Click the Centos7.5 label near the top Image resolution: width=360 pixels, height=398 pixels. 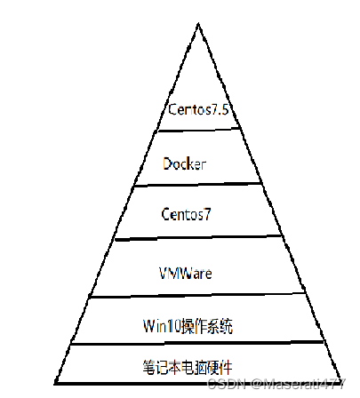[198, 109]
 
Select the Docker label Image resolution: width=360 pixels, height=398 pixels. [184, 163]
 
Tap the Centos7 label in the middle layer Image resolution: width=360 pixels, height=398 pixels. [186, 214]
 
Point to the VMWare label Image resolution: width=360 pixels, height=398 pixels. [186, 273]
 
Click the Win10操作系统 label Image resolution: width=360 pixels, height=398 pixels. [188, 326]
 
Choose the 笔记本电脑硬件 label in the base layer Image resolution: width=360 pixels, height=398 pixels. [188, 367]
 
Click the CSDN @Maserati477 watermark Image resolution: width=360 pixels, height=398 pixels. [276, 384]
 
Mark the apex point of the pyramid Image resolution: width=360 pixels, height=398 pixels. [198, 23]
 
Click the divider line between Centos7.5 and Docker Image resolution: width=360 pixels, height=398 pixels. [199, 130]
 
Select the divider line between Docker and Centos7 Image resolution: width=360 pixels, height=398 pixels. [198, 185]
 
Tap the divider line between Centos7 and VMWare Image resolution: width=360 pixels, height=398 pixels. [198, 238]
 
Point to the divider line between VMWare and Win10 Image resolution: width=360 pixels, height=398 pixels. [197, 295]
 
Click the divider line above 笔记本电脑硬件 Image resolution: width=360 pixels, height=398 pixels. [197, 343]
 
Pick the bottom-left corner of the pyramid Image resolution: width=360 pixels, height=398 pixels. [55, 384]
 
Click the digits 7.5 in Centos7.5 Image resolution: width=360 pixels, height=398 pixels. [220, 109]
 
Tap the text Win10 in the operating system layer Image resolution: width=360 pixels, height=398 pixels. [162, 326]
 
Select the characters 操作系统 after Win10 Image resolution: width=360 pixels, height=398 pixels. [206, 326]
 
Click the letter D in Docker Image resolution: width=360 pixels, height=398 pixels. [167, 163]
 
